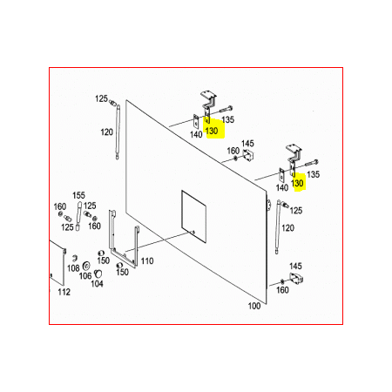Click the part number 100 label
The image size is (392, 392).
(254, 306)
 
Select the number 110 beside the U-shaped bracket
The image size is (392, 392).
(147, 261)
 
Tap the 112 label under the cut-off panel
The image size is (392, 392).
(64, 292)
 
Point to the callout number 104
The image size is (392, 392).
(97, 284)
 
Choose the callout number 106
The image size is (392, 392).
(85, 276)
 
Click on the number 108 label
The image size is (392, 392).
(73, 268)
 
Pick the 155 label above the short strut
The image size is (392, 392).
(78, 195)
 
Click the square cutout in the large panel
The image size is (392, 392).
(193, 217)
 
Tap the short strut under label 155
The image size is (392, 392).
(78, 216)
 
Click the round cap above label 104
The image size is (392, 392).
(98, 273)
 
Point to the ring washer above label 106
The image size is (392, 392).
(86, 266)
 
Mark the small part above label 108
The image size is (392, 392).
(74, 258)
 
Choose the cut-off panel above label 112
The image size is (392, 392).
(57, 262)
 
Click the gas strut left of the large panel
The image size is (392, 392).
(118, 132)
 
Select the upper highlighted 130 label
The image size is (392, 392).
(212, 131)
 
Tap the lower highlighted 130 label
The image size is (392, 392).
(297, 183)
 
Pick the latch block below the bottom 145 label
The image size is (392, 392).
(296, 278)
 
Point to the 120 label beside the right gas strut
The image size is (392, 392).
(287, 228)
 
